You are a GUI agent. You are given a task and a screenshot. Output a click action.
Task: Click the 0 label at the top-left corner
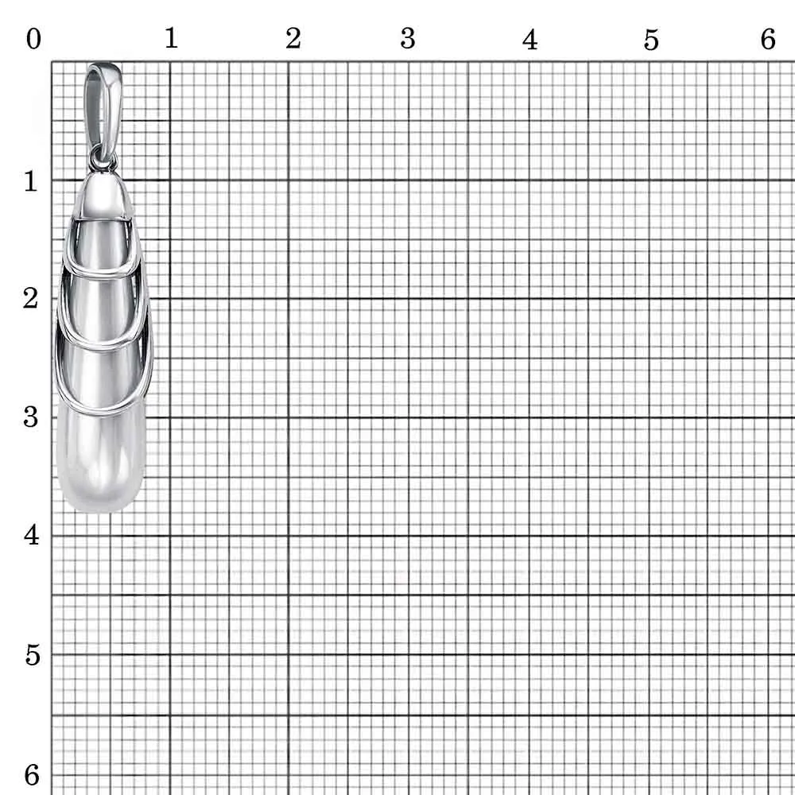coord(33,39)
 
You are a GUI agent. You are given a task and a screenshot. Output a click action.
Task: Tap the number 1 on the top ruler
coord(172,38)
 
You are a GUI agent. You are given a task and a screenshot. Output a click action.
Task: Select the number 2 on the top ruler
coord(293,38)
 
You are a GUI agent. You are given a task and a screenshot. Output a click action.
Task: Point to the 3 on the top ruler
coord(408,38)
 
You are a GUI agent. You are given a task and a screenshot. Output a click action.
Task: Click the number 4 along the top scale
coord(529,40)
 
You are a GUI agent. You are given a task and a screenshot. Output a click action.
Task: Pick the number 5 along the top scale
coord(652,40)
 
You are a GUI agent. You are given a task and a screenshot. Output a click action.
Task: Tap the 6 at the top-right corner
coord(768,39)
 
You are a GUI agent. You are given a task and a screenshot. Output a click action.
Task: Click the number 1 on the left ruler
coord(31,181)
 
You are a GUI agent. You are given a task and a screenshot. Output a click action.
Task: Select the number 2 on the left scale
coord(30,298)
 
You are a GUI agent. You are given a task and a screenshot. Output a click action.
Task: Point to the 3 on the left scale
coord(30,417)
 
